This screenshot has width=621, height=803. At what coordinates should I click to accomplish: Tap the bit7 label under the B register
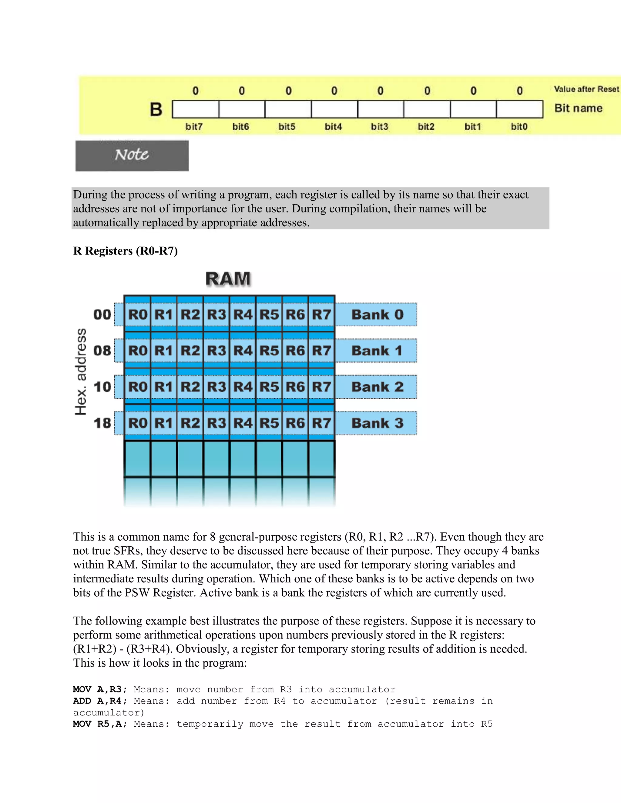(194, 127)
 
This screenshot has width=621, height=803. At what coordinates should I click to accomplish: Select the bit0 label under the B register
(519, 127)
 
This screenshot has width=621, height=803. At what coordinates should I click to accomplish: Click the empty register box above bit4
(334, 109)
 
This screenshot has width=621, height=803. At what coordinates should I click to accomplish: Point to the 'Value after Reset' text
(586, 89)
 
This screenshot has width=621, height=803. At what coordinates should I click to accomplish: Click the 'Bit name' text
(578, 108)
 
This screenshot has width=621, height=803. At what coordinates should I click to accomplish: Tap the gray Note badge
(132, 155)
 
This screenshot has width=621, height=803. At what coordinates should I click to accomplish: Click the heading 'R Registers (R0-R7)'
(126, 251)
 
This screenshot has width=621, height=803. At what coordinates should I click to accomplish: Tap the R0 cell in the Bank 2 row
(138, 387)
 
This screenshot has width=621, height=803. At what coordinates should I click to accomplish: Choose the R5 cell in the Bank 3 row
(269, 423)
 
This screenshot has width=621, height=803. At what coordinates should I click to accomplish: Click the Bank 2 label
(377, 387)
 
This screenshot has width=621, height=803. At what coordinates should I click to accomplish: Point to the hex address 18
(102, 423)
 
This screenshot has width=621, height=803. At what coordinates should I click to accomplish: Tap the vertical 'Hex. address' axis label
(81, 372)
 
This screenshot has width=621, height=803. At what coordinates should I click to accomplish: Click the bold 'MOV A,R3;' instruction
(100, 689)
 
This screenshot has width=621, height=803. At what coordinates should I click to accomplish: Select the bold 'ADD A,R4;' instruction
(100, 701)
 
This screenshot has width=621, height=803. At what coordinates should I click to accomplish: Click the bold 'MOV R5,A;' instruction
(100, 724)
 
